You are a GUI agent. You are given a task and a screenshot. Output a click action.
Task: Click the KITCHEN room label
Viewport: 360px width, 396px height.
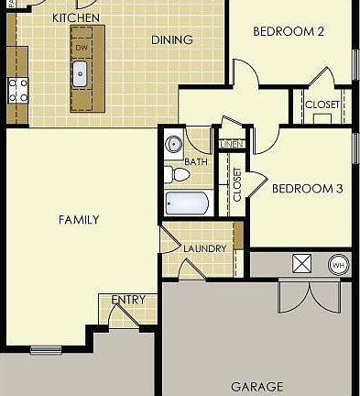point(76,17)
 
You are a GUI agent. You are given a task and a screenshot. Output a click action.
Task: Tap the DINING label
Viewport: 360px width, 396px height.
point(171,39)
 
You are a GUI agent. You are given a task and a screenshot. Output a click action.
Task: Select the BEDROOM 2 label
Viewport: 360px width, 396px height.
point(289,30)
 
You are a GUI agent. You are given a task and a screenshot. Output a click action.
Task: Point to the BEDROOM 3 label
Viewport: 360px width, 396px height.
point(307,189)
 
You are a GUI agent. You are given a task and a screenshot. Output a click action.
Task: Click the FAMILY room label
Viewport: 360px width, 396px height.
point(79,220)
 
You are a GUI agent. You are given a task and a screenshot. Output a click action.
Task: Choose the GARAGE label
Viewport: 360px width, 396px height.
point(256,387)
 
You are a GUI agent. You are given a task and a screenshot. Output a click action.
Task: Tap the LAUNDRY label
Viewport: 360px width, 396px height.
point(204,248)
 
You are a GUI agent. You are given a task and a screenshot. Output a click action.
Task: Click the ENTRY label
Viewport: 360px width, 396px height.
point(127,300)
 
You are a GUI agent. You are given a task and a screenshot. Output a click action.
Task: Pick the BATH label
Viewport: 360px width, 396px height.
point(196,161)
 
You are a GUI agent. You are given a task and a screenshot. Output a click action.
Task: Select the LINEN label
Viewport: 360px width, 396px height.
point(232,144)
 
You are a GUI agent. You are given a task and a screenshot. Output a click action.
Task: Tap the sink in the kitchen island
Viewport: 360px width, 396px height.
point(81,72)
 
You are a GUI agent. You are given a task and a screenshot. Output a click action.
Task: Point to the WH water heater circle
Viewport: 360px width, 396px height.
point(338,265)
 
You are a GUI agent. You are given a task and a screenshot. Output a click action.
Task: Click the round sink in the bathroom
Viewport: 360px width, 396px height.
point(173,144)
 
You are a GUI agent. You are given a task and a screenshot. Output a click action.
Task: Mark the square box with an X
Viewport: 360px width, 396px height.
point(302,264)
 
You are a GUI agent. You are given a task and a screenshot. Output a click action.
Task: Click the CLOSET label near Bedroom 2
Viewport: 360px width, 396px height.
point(322,104)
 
